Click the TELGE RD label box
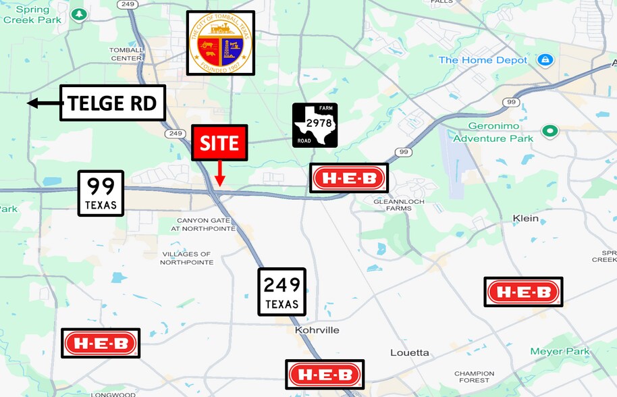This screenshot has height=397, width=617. pyautogui.click(x=112, y=103)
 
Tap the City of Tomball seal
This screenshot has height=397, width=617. pyautogui.click(x=220, y=43)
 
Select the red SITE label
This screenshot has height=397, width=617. pyautogui.click(x=219, y=142)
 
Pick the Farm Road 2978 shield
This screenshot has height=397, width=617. pyautogui.click(x=315, y=125)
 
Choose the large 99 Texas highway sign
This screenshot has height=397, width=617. pyautogui.click(x=101, y=193)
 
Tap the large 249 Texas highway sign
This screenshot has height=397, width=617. pyautogui.click(x=281, y=292)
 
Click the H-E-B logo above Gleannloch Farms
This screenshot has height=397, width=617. pyautogui.click(x=348, y=178)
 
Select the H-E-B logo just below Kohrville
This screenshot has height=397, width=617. pyautogui.click(x=325, y=374)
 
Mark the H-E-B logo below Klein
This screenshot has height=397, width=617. pyautogui.click(x=523, y=292)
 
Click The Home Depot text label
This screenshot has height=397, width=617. pyautogui.click(x=483, y=60)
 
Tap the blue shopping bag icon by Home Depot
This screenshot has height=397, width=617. pyautogui.click(x=545, y=60)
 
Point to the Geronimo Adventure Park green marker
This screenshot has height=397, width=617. pyautogui.click(x=550, y=131)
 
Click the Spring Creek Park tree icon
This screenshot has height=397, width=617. pyautogui.click(x=80, y=14)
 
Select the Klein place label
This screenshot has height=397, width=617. pyautogui.click(x=526, y=218)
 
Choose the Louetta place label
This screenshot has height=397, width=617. pyautogui.click(x=410, y=352)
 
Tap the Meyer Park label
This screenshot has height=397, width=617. pyautogui.click(x=560, y=351)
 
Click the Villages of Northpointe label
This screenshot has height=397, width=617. pyautogui.click(x=186, y=258)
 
